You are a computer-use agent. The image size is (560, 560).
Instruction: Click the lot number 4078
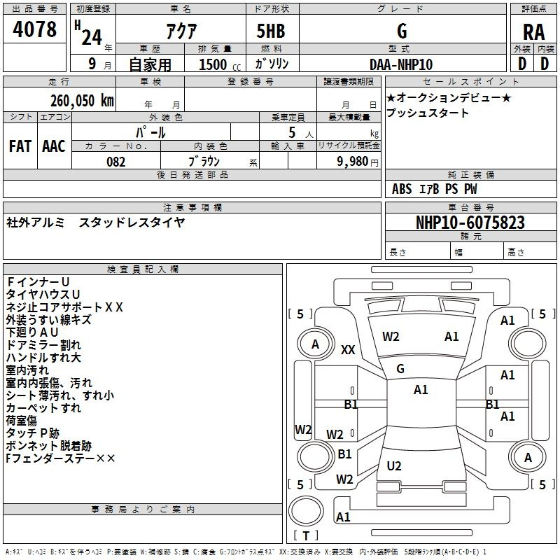[x=35, y=29]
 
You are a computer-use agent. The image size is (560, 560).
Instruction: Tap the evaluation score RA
[x=533, y=32]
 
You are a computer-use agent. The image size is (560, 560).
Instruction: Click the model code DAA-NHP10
[x=401, y=64]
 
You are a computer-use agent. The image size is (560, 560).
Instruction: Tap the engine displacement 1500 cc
[x=215, y=64]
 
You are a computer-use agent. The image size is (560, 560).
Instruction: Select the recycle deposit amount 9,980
[x=348, y=162]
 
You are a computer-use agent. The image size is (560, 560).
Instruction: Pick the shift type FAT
[x=20, y=146]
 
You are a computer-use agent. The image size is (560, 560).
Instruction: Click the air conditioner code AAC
[x=54, y=146]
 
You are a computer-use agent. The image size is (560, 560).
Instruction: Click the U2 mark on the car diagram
[x=394, y=465]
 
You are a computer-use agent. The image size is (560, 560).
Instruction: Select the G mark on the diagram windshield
[x=400, y=368]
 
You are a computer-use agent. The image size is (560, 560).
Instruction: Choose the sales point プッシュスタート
[x=428, y=113]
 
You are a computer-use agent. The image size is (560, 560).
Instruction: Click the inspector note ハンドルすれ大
[x=43, y=358]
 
